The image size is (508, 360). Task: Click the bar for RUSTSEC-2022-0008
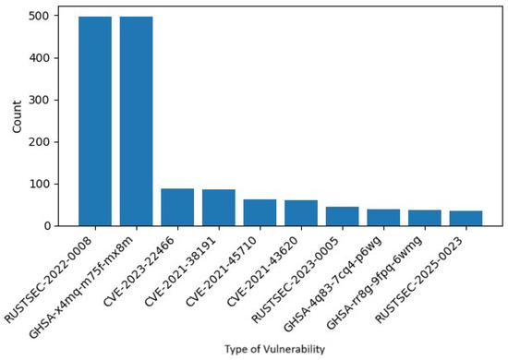click(x=95, y=121)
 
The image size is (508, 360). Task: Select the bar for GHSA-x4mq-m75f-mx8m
click(x=136, y=121)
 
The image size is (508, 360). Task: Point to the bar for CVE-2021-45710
click(x=260, y=212)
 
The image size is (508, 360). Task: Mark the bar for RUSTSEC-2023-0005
click(x=342, y=216)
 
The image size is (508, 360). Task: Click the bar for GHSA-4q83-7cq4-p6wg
click(x=382, y=218)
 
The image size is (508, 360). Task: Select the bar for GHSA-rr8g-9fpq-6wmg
click(x=424, y=218)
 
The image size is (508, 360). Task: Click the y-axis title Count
click(x=18, y=120)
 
